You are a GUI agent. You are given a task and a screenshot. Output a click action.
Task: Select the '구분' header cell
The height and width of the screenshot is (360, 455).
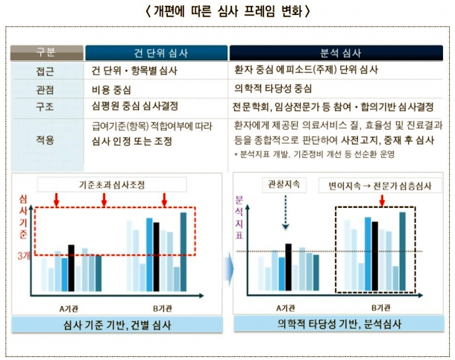click(x=45, y=52)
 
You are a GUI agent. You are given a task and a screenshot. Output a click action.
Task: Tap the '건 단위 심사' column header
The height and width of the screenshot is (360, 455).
click(x=156, y=53)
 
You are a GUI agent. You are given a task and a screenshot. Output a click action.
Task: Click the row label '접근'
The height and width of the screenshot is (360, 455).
click(x=45, y=71)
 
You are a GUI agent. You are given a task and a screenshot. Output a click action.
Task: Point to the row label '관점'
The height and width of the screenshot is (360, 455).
click(x=45, y=88)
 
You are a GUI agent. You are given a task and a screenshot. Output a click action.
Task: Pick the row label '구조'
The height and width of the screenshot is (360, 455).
click(x=45, y=105)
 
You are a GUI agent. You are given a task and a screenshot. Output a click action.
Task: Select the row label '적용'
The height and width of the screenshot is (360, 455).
click(x=45, y=139)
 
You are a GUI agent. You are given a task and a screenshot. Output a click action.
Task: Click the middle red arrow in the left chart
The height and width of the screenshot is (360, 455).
click(x=104, y=200)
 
